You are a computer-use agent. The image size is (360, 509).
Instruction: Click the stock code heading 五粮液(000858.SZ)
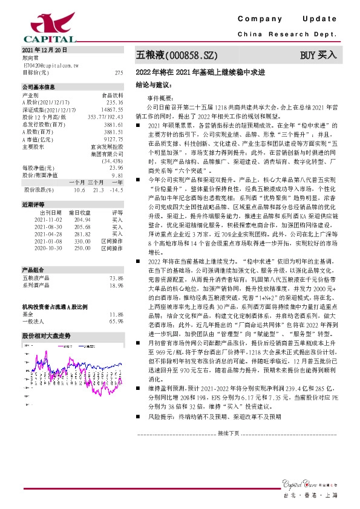[176, 56]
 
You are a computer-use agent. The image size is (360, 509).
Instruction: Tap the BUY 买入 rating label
[318, 56]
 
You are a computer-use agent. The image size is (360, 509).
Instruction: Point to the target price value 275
[119, 72]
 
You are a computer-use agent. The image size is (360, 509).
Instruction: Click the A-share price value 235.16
[114, 103]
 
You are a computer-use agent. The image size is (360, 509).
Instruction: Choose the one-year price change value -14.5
[116, 190]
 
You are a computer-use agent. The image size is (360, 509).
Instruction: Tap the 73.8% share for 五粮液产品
[117, 277]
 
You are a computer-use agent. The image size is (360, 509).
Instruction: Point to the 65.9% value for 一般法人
[117, 321]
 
